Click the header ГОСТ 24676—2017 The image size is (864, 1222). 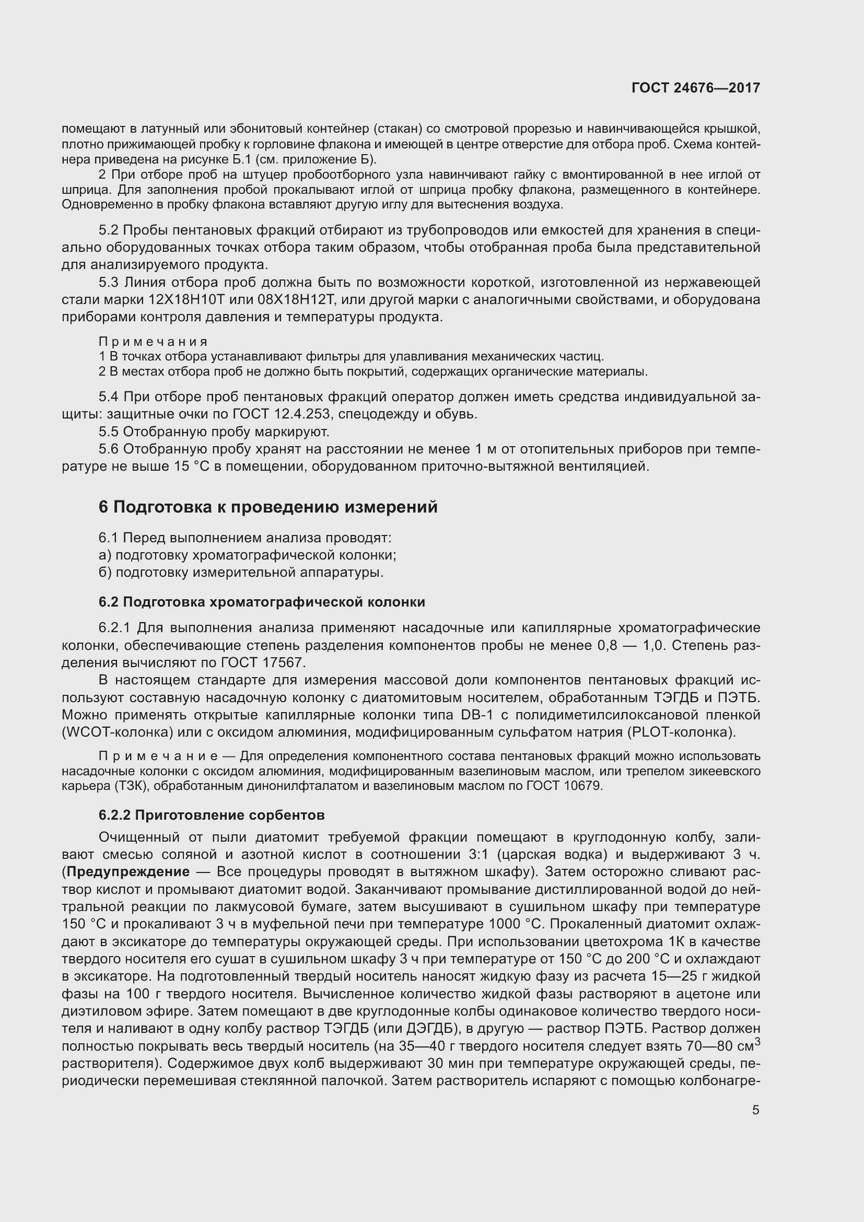pyautogui.click(x=695, y=88)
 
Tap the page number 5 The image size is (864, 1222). pyautogui.click(x=755, y=1110)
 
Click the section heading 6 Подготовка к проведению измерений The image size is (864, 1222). pyautogui.click(x=267, y=507)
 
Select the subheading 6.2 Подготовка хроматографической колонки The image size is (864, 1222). pyautogui.click(x=262, y=602)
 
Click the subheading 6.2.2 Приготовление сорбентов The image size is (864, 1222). pyautogui.click(x=211, y=815)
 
